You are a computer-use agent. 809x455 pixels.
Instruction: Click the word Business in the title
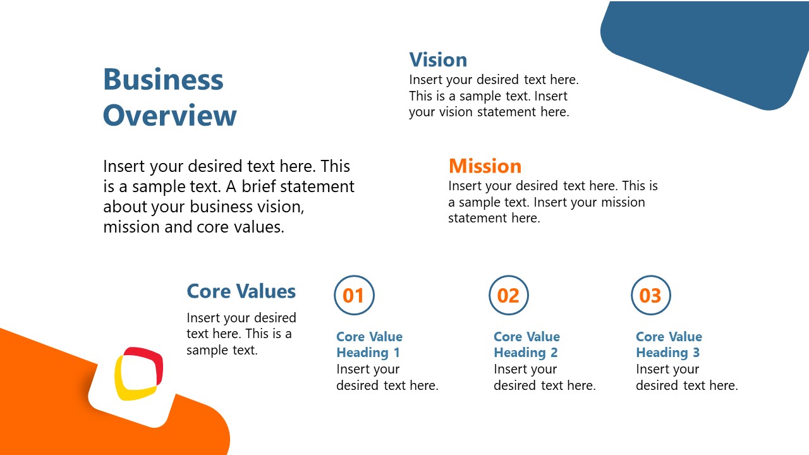pyautogui.click(x=163, y=80)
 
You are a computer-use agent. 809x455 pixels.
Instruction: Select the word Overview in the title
pyautogui.click(x=169, y=116)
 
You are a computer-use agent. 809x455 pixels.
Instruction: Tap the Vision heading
pyautogui.click(x=438, y=59)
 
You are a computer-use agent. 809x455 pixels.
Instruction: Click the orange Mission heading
pyautogui.click(x=485, y=166)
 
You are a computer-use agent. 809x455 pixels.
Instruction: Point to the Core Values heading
pyautogui.click(x=241, y=291)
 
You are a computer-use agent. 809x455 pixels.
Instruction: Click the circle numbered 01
pyautogui.click(x=354, y=295)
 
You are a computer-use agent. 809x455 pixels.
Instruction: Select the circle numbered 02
pyautogui.click(x=508, y=295)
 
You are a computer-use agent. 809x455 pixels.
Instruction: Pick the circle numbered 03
pyautogui.click(x=650, y=295)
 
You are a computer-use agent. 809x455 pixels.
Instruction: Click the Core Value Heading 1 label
pyautogui.click(x=369, y=344)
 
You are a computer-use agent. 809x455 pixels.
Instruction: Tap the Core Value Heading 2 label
pyautogui.click(x=526, y=344)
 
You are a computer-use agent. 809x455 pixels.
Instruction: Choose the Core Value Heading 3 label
pyautogui.click(x=669, y=344)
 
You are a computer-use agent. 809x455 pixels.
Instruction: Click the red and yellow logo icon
pyautogui.click(x=138, y=373)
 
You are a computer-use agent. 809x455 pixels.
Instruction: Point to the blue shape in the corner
pyautogui.click(x=702, y=51)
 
